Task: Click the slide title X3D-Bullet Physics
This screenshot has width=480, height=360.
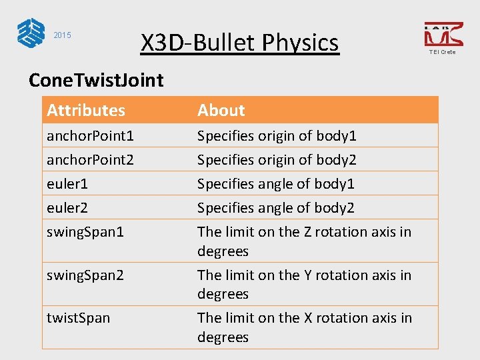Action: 239,43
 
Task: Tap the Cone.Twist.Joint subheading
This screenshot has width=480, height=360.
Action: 96,80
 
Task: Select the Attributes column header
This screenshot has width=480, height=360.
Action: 86,110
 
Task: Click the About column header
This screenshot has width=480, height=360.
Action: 221,110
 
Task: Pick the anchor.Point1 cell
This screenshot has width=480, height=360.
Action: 90,136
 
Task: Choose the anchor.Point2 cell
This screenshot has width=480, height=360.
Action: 90,160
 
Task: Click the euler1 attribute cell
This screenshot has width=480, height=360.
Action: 67,184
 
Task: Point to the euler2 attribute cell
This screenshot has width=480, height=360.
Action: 67,208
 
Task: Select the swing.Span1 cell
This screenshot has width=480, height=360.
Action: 85,232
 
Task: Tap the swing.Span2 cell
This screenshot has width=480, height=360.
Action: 85,275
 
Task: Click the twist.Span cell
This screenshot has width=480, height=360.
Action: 78,318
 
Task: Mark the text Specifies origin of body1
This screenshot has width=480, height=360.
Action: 277,136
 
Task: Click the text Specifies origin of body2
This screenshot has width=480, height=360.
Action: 277,160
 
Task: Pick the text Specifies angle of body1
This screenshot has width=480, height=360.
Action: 275,184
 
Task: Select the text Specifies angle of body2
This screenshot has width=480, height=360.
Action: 275,208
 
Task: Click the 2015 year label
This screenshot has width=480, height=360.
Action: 62,35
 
